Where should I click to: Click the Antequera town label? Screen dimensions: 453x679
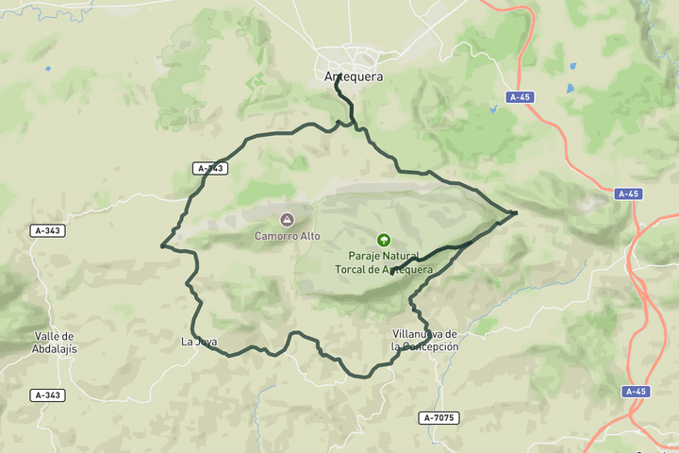pyautogui.click(x=353, y=76)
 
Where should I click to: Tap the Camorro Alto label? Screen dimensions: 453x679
pyautogui.click(x=287, y=236)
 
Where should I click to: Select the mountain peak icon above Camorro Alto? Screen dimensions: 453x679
pyautogui.click(x=287, y=220)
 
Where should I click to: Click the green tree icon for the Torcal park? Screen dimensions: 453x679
pyautogui.click(x=383, y=240)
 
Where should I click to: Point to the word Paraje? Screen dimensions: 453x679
pyautogui.click(x=365, y=256)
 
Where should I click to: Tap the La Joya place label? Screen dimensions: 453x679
pyautogui.click(x=198, y=342)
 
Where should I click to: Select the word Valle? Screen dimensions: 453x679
pyautogui.click(x=54, y=336)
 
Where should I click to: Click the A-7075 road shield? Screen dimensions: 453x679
pyautogui.click(x=439, y=417)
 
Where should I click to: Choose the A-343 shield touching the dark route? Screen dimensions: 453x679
pyautogui.click(x=210, y=168)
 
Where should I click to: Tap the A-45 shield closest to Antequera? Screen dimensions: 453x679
pyautogui.click(x=519, y=97)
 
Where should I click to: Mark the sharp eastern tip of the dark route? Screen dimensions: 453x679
pyautogui.click(x=516, y=212)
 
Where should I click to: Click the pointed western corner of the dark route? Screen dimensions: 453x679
pyautogui.click(x=162, y=247)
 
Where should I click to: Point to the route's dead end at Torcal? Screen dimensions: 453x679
pyautogui.click(x=390, y=274)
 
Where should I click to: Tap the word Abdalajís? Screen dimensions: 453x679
pyautogui.click(x=54, y=348)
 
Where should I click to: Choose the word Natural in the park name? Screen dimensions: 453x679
pyautogui.click(x=406, y=256)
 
